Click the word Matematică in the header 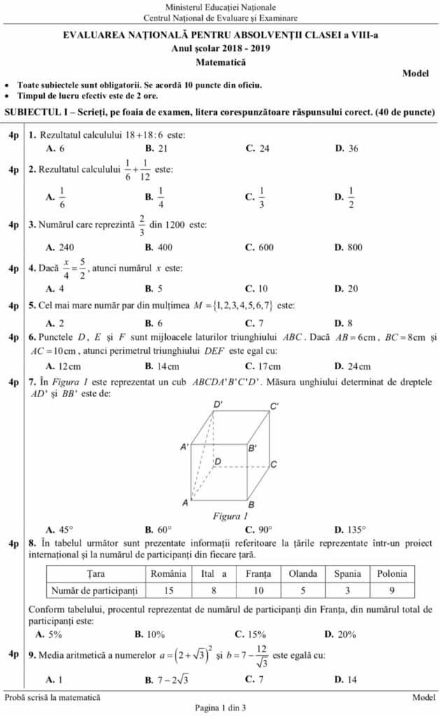220,62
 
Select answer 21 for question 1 162,148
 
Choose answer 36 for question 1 353,148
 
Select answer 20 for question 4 353,288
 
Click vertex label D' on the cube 218,405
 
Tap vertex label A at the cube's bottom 185,502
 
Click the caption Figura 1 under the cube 230,517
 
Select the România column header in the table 169,573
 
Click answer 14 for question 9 353,679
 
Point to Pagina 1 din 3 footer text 220,708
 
